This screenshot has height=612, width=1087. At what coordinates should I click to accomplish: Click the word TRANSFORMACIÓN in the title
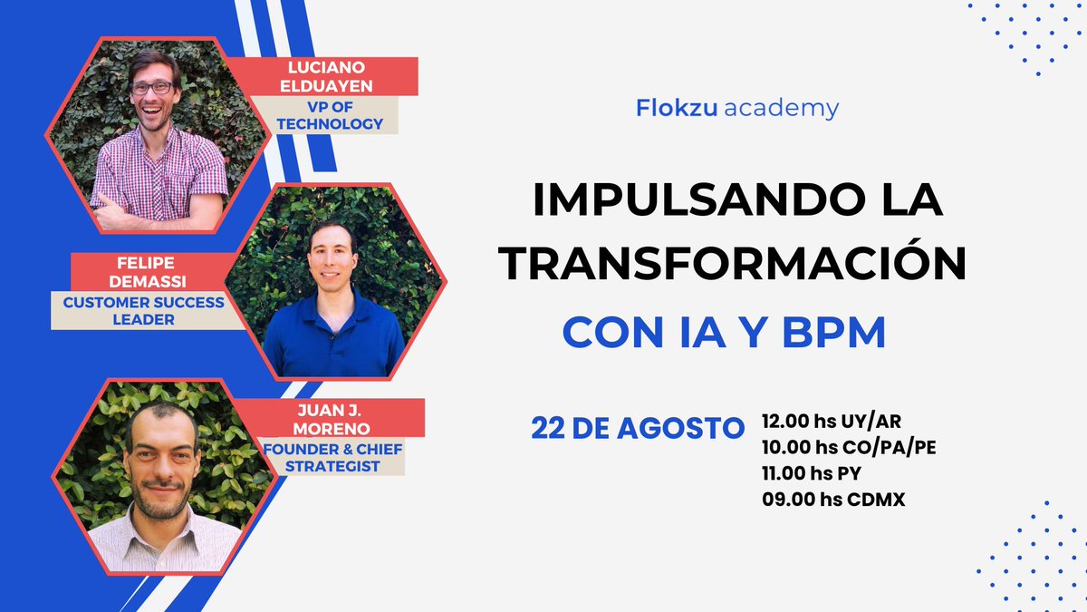click(x=735, y=267)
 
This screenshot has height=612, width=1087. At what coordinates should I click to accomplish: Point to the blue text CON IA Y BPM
click(x=724, y=333)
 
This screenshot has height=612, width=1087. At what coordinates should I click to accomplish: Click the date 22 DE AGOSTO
click(x=638, y=428)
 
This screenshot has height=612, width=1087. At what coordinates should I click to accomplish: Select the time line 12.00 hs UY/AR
click(x=832, y=421)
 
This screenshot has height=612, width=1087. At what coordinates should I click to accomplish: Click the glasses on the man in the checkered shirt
click(x=152, y=88)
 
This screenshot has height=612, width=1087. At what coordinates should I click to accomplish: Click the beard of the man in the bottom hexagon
click(x=163, y=497)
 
